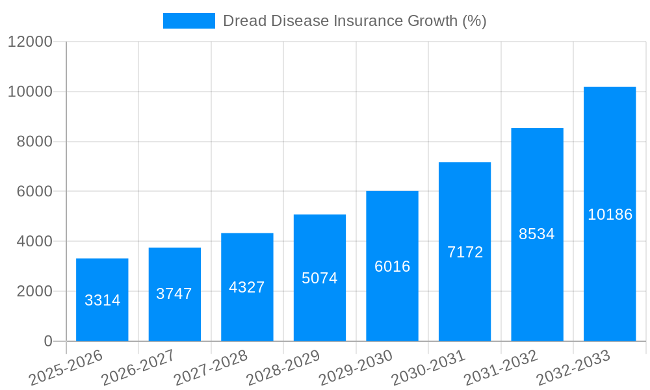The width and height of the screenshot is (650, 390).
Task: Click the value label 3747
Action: [x=174, y=294]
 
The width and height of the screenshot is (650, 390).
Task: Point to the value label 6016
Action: [x=393, y=266]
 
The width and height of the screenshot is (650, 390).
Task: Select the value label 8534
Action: [x=537, y=234]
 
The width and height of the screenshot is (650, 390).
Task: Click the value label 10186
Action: [x=610, y=214]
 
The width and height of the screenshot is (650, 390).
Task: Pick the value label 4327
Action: [x=247, y=287]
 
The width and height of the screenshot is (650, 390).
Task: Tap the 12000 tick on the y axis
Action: [x=30, y=42]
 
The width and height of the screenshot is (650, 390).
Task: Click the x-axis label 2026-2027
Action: [x=138, y=368]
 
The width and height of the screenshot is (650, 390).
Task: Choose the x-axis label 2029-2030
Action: [x=356, y=368]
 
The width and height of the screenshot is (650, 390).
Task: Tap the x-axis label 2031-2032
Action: [x=501, y=368]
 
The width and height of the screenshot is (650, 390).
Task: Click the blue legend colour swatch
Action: [x=188, y=21]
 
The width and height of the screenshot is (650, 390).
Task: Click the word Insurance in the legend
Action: [x=367, y=21]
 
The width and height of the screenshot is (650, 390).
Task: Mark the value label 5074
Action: [x=320, y=278]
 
